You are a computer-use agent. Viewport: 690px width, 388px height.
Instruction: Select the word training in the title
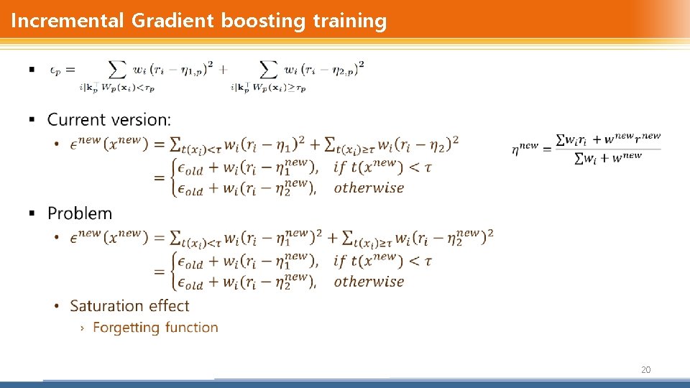[349, 21]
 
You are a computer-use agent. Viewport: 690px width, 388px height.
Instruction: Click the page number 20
[645, 369]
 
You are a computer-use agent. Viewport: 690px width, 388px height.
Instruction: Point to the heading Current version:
[109, 119]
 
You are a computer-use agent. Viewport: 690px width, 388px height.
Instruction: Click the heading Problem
[80, 213]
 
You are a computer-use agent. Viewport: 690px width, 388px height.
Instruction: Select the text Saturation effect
[129, 306]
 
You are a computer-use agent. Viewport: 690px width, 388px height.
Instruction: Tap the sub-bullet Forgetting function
[155, 328]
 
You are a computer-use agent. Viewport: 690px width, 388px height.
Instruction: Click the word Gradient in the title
[172, 21]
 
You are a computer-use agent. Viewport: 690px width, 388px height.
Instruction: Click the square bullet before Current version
[32, 119]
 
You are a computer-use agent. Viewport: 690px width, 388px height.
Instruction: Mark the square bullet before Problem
[32, 213]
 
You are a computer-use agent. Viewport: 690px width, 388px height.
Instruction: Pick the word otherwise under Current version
[369, 188]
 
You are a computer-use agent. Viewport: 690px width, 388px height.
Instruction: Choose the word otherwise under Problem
[369, 282]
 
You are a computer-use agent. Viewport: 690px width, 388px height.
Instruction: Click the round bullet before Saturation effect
[57, 306]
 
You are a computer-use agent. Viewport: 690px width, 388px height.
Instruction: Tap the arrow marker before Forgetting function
[82, 328]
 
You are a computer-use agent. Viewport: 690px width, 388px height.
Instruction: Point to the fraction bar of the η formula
[608, 149]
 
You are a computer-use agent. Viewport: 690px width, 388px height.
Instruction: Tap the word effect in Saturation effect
[169, 306]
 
